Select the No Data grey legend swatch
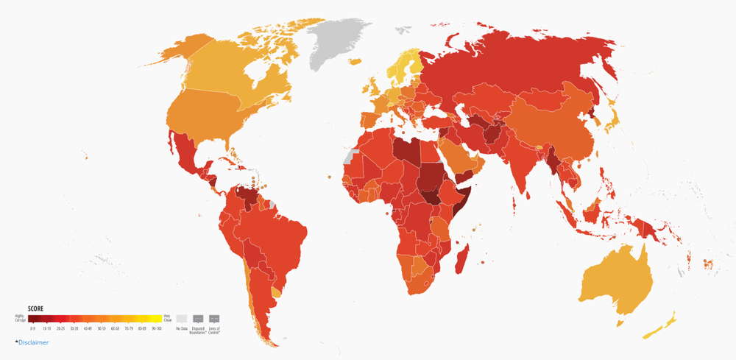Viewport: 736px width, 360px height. (x=181, y=319)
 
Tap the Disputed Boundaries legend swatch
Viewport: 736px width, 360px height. (x=198, y=319)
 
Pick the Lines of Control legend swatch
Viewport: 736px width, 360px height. (x=214, y=319)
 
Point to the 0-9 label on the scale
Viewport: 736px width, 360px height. (x=32, y=328)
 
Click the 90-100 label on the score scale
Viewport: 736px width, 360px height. (x=156, y=328)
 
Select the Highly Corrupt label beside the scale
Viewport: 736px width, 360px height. (x=20, y=318)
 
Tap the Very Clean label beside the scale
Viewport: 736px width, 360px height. (x=167, y=318)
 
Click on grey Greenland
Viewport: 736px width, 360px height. (x=339, y=40)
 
